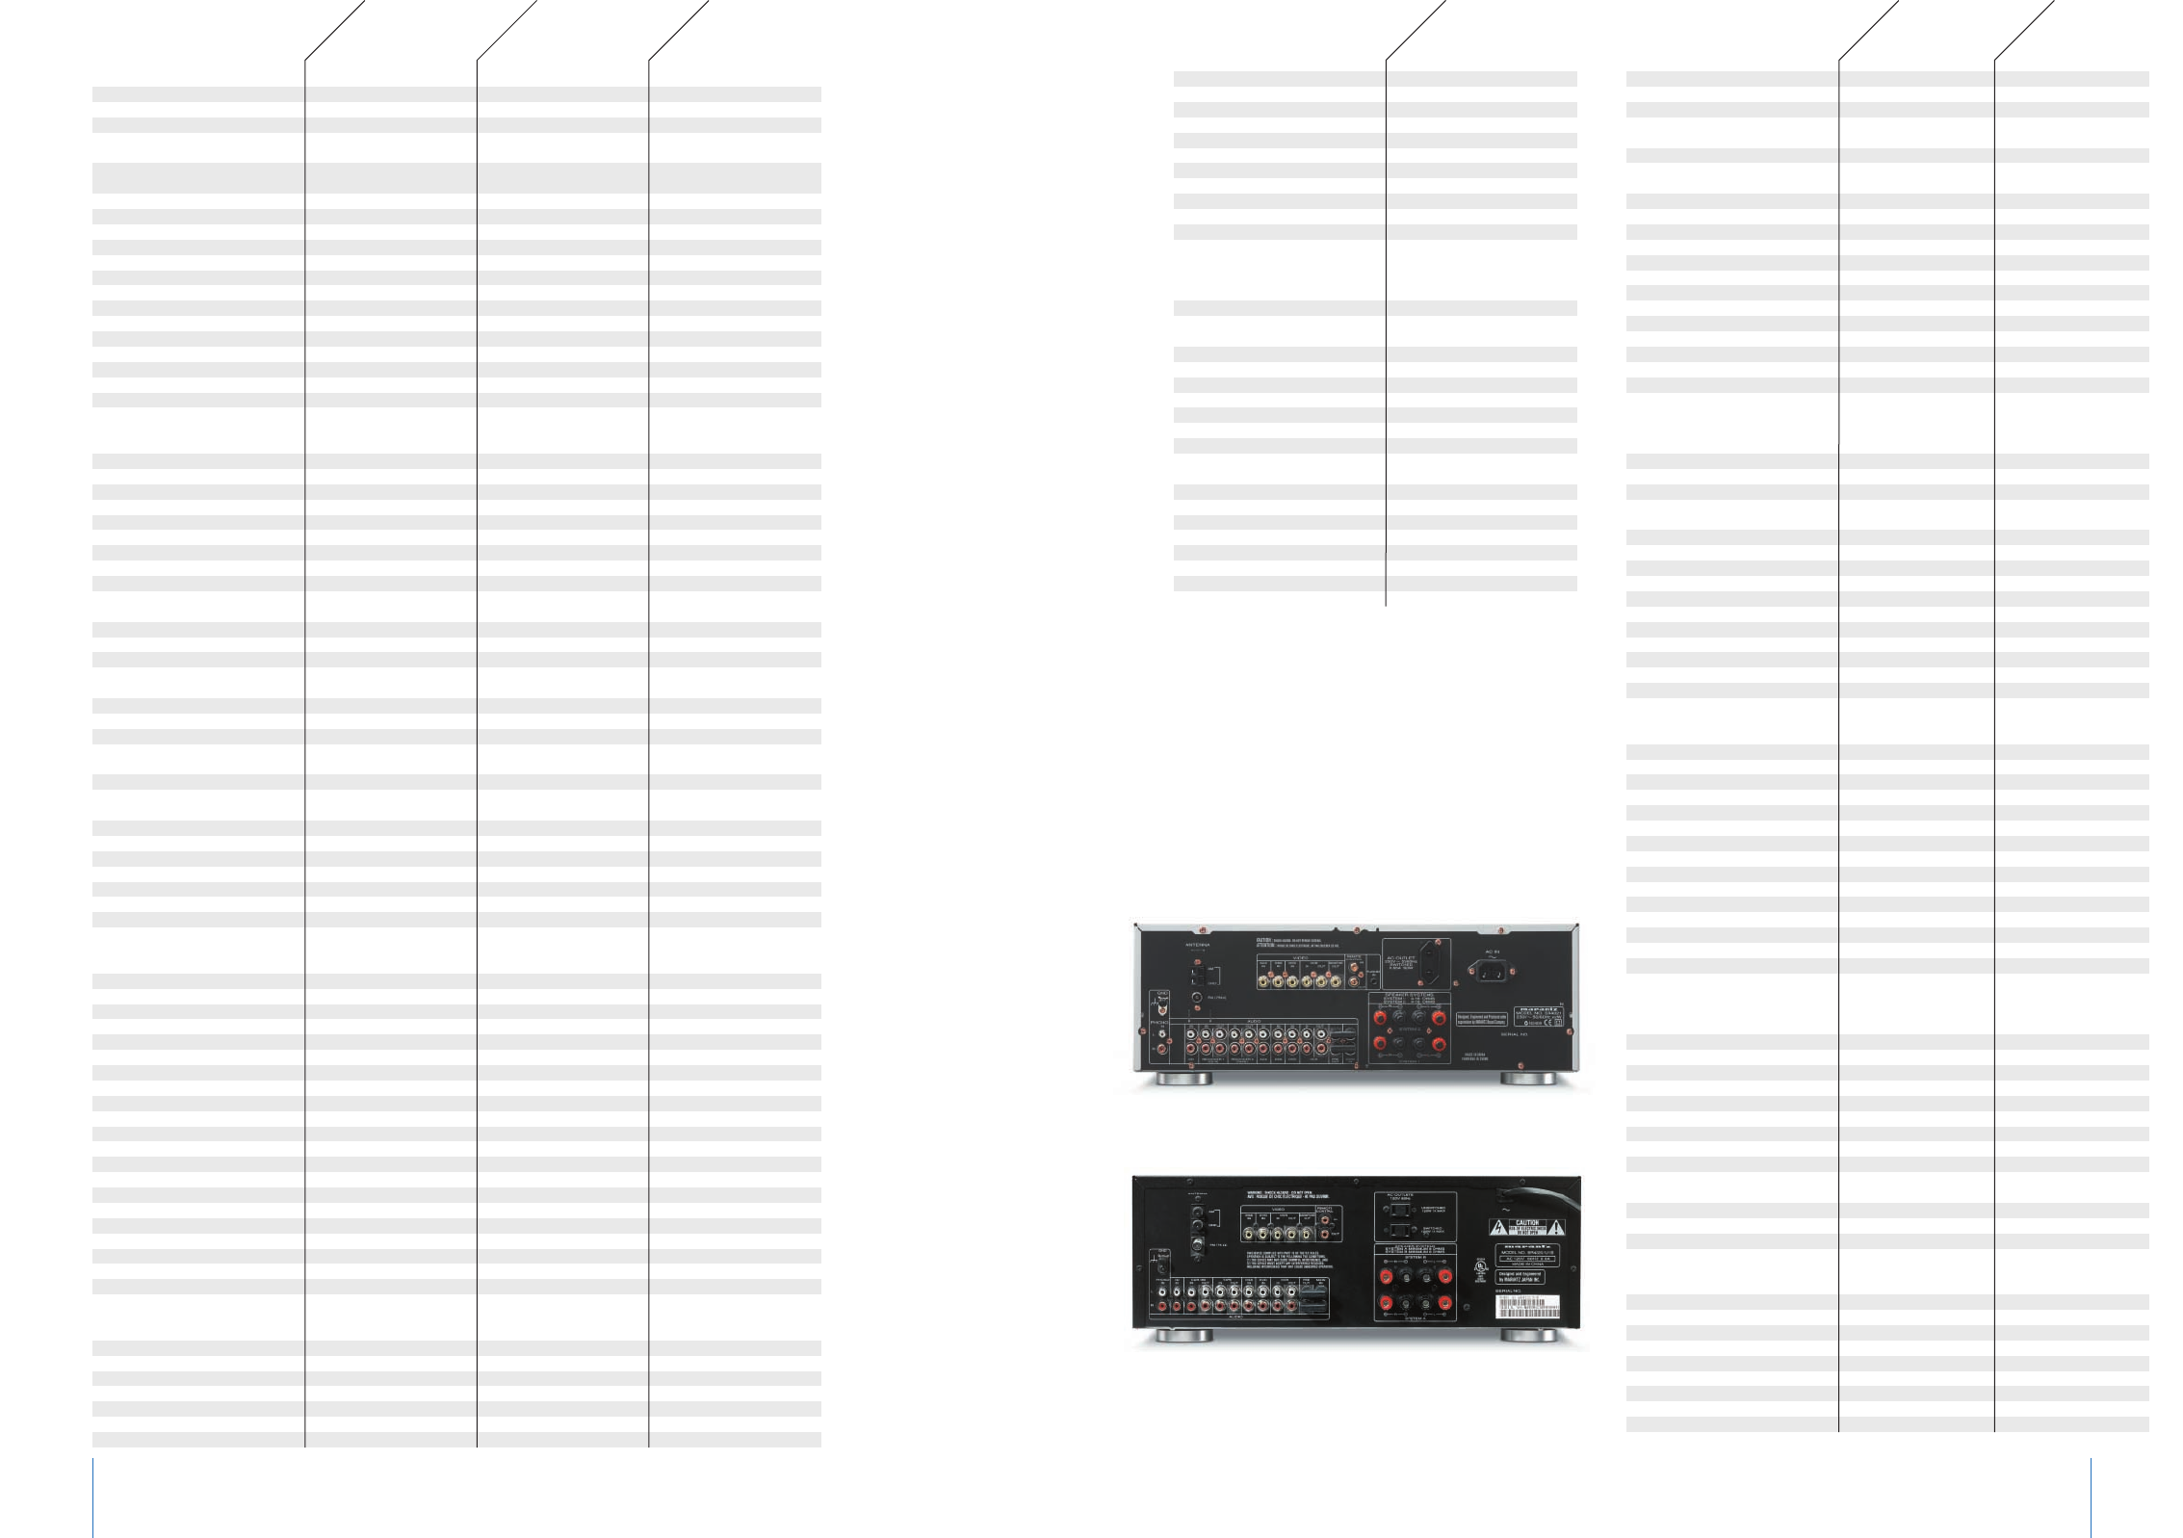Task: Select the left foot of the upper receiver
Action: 1183,1079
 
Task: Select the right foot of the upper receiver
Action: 1528,1079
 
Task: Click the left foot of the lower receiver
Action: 1183,1336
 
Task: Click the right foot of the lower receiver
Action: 1528,1336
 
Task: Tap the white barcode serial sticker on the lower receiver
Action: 1526,1307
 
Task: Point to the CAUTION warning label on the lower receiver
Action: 1527,1228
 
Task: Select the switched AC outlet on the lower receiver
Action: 1399,1230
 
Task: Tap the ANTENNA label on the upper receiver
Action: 1198,945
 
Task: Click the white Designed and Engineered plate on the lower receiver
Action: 1520,1277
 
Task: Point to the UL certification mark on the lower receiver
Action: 1480,1270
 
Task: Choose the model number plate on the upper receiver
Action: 1539,1015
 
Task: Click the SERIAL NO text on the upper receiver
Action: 1514,1034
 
